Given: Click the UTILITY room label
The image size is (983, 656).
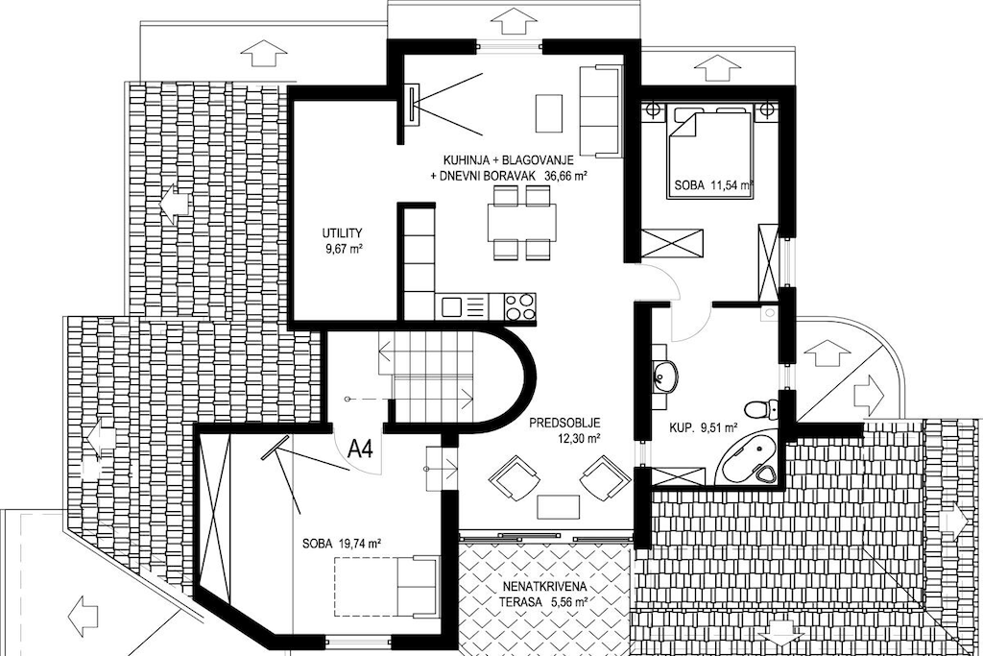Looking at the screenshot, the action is (343, 232).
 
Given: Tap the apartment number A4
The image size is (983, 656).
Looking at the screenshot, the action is (360, 449).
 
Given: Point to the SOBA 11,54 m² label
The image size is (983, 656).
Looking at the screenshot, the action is (713, 185).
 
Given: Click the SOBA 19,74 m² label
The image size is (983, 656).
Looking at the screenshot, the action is (342, 544).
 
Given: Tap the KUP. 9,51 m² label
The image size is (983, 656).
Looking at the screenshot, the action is (703, 428).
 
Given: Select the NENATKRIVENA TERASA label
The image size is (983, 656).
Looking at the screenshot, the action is (544, 594).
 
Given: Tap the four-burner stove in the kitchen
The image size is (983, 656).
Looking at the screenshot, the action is (520, 307).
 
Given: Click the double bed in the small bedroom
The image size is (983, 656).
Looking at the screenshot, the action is (709, 155).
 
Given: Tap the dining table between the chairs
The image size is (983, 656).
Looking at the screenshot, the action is (521, 223).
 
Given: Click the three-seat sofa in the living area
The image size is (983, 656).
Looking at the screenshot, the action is (599, 111).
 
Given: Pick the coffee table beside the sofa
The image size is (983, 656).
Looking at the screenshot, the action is (548, 113).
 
